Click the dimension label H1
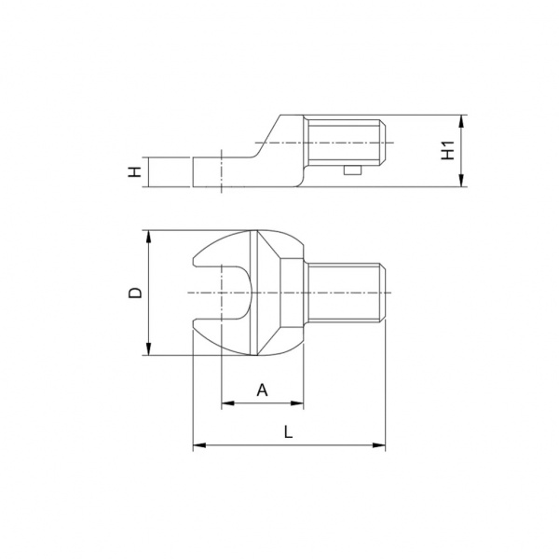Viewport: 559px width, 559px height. [448, 150]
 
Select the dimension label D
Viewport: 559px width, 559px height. [135, 293]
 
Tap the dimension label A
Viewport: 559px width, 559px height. [262, 390]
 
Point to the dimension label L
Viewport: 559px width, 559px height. [288, 432]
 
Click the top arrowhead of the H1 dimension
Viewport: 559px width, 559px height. [461, 121]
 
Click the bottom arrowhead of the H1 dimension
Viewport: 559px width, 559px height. [461, 180]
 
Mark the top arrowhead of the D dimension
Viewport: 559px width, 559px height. [149, 237]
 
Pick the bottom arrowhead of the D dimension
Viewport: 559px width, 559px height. [149, 348]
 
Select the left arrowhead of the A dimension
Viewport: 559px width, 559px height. [228, 403]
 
